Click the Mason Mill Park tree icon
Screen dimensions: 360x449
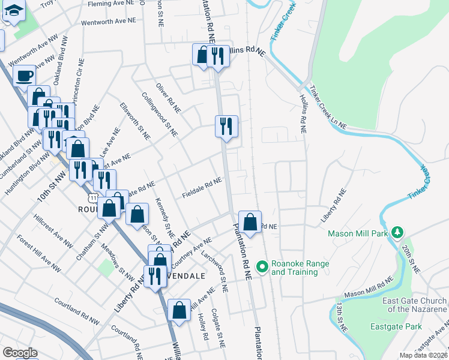pyautogui.click(x=396, y=232)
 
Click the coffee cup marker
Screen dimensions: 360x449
pyautogui.click(x=24, y=76)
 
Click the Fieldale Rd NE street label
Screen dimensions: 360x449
pyautogui.click(x=202, y=188)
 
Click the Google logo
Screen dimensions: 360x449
pyautogui.click(x=20, y=352)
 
